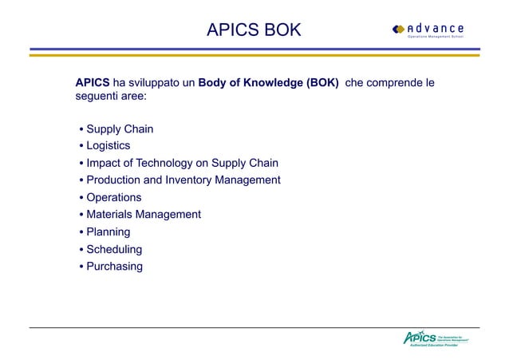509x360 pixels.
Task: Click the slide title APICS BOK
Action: [x=254, y=30]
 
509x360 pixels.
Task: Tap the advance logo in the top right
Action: [x=428, y=30]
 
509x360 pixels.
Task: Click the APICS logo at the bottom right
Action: [x=436, y=338]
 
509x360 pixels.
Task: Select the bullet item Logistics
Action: [x=108, y=146]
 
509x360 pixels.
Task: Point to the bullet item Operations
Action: [x=113, y=197]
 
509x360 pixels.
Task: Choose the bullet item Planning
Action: [x=108, y=231]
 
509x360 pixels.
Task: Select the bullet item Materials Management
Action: [x=144, y=214]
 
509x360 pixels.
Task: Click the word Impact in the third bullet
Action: [x=104, y=164]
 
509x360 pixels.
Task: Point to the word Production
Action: [x=116, y=180]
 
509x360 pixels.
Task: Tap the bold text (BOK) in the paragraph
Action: [x=322, y=83]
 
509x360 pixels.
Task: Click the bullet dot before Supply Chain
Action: [x=81, y=130]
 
